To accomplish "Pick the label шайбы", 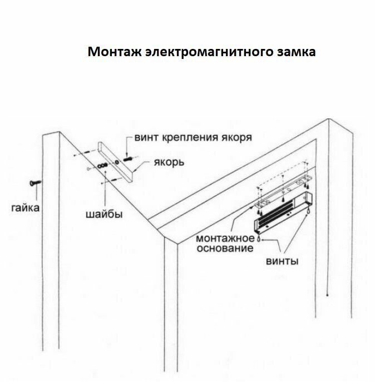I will (x=104, y=214).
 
